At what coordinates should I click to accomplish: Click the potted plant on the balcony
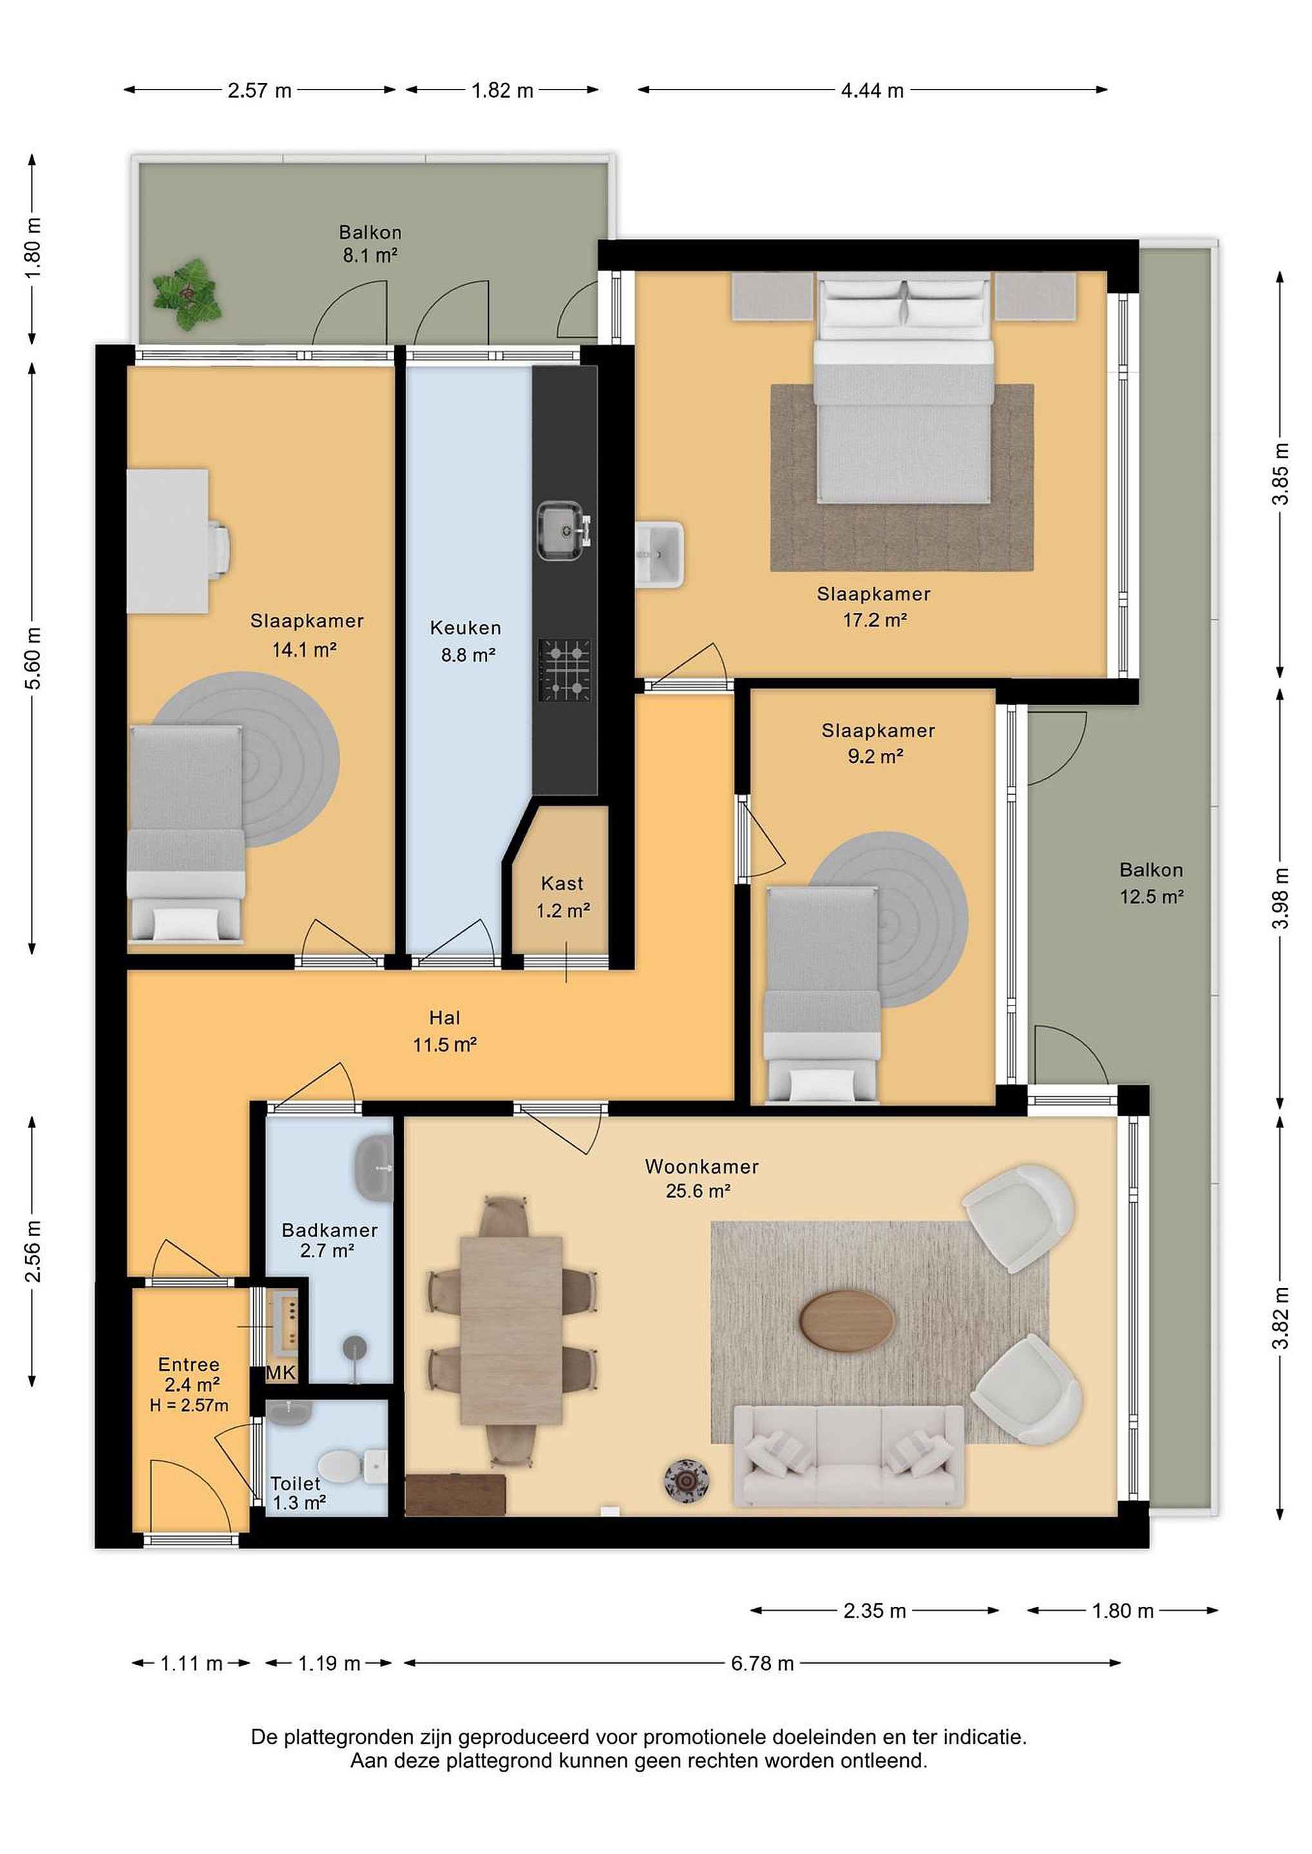187,294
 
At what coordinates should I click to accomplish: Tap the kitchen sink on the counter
563,530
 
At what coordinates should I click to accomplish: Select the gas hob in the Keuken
565,670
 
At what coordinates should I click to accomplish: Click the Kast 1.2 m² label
562,897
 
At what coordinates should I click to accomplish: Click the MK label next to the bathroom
281,1372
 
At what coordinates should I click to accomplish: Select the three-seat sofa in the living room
849,1456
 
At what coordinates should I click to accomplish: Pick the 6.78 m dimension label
763,1663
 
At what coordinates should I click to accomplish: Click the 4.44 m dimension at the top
873,90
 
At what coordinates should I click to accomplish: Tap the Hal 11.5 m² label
444,1031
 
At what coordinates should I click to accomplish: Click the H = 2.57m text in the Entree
189,1406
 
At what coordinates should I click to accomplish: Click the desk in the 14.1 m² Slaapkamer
168,541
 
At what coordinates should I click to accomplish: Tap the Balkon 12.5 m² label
1151,883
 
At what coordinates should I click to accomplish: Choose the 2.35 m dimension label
875,1611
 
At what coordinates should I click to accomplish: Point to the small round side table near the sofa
687,1481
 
